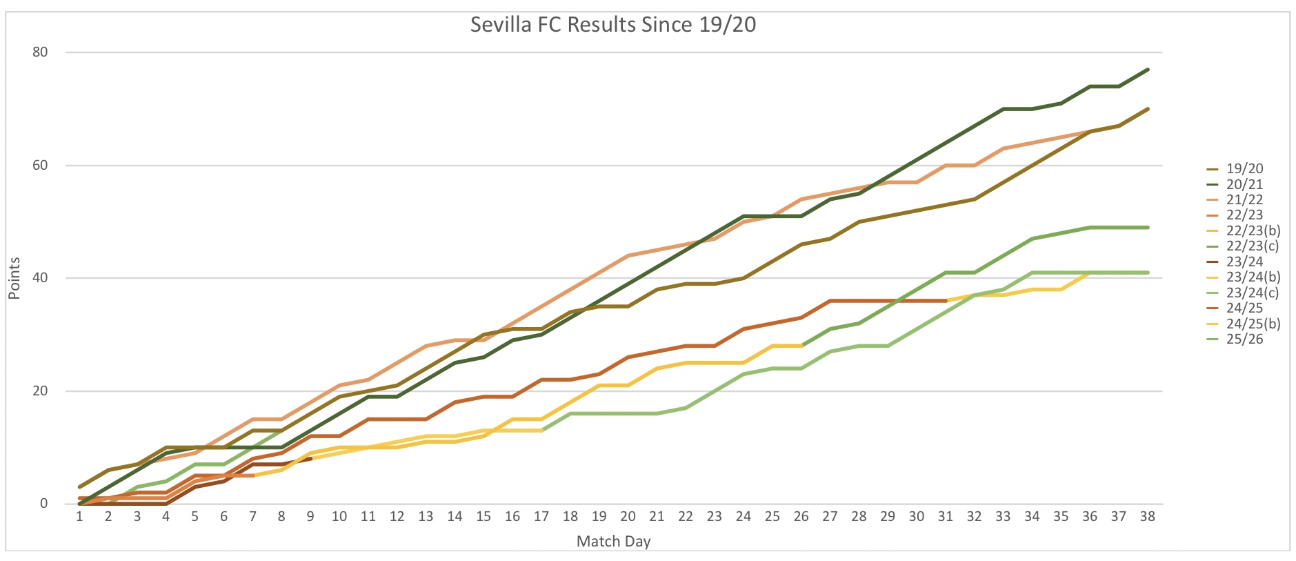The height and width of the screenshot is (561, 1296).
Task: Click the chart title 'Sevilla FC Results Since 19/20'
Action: (x=612, y=25)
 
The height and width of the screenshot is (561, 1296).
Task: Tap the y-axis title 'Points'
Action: (x=14, y=278)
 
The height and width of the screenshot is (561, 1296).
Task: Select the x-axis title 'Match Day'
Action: (x=613, y=542)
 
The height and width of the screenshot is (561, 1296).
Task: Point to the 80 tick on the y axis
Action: (x=40, y=52)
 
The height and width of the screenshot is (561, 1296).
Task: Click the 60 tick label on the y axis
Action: (x=40, y=166)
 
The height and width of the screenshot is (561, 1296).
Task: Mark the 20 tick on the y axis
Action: (x=40, y=391)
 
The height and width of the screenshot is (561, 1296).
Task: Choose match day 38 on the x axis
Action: (x=1147, y=517)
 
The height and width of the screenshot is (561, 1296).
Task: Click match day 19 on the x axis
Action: (x=599, y=517)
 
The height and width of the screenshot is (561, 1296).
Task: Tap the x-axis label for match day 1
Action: (x=79, y=517)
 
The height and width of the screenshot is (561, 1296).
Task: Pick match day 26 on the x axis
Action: (x=801, y=517)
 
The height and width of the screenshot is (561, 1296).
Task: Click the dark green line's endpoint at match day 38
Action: (x=1147, y=70)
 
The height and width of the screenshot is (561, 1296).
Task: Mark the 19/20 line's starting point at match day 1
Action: (x=80, y=486)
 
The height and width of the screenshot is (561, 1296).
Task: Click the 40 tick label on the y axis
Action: (x=40, y=278)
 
